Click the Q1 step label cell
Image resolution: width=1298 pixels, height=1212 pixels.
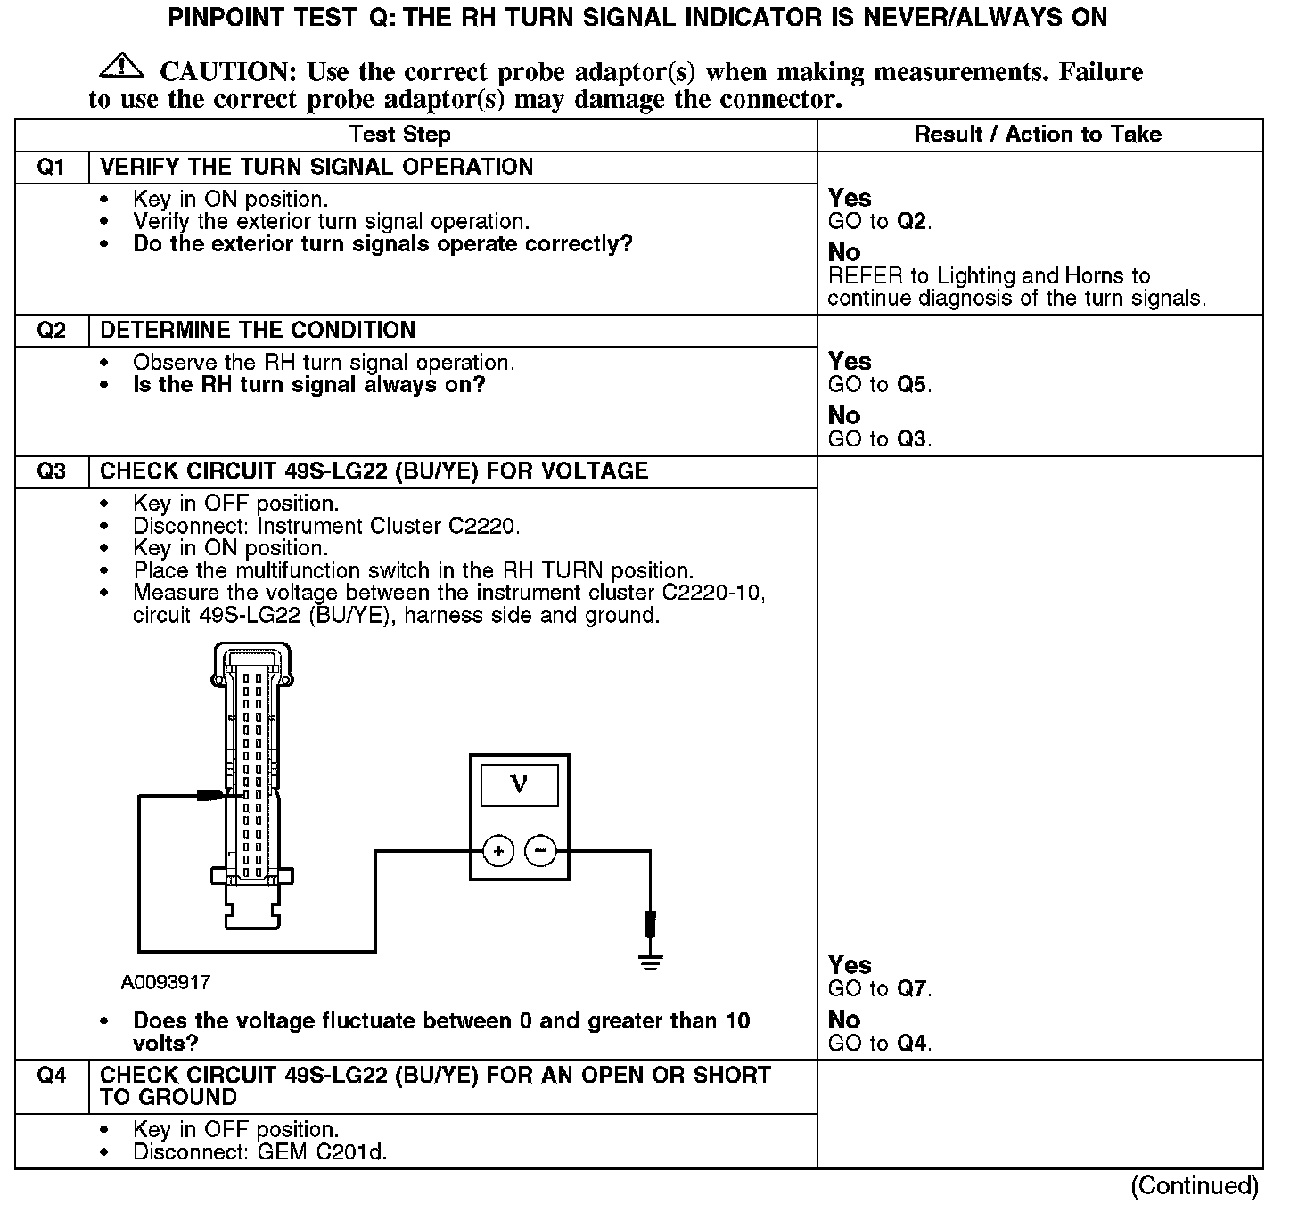click(x=52, y=168)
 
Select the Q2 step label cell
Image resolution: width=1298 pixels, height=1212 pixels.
click(x=52, y=331)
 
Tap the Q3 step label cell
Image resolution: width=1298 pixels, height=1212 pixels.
click(x=52, y=471)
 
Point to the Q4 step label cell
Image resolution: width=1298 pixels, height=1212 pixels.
click(x=52, y=1076)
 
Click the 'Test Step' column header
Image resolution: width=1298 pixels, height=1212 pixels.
click(x=400, y=135)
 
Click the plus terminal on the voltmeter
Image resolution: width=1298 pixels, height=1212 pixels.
click(x=498, y=851)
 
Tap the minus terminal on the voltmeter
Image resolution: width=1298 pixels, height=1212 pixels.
click(x=540, y=851)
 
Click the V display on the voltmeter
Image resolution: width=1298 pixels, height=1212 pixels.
click(x=519, y=785)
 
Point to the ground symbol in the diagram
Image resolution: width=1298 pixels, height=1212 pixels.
click(x=651, y=962)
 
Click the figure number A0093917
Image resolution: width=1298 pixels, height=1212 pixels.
click(x=166, y=982)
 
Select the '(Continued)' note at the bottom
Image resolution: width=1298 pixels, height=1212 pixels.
click(x=1194, y=1186)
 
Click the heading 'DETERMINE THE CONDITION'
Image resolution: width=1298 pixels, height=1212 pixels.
click(x=258, y=331)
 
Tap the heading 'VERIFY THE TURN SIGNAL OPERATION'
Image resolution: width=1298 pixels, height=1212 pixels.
click(x=316, y=168)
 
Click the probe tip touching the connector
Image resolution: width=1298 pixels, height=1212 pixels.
click(x=212, y=794)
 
